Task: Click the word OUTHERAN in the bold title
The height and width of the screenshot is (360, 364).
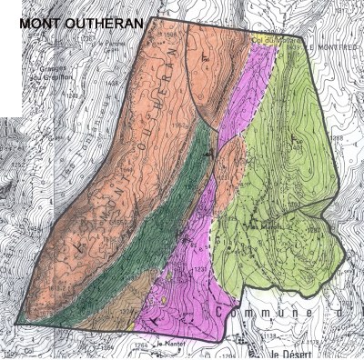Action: (x=106, y=23)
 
